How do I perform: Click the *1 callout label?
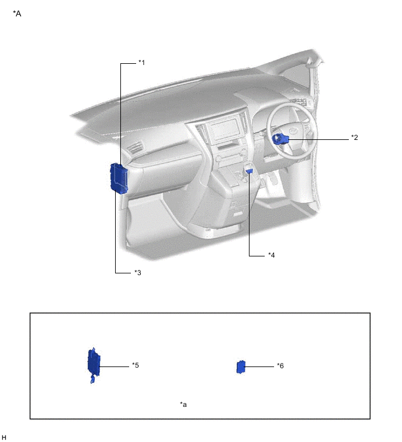click(x=141, y=62)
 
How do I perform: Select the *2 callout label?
click(x=355, y=137)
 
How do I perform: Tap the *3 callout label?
click(x=137, y=273)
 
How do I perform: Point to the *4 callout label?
click(x=272, y=255)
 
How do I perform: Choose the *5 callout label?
click(x=136, y=365)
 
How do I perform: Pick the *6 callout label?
click(x=280, y=366)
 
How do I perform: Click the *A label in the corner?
click(x=17, y=13)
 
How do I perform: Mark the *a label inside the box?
click(x=183, y=405)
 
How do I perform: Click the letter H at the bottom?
click(x=4, y=437)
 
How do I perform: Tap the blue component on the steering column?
click(x=280, y=139)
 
